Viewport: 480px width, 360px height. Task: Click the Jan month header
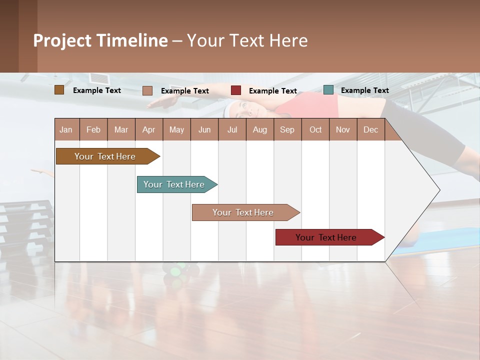point(66,129)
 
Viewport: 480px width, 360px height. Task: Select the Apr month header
point(148,129)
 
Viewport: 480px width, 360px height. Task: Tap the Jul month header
point(232,129)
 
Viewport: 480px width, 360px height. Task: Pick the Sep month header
point(287,129)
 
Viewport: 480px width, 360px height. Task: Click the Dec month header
point(370,129)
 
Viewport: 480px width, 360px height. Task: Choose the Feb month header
point(93,129)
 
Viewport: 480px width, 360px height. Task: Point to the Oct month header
point(315,129)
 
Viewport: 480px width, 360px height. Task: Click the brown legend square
point(59,90)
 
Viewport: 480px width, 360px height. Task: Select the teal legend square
point(328,90)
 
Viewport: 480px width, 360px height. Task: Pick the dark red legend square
point(236,90)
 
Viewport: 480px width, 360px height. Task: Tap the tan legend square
point(147,90)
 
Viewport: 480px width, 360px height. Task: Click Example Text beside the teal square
point(364,90)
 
